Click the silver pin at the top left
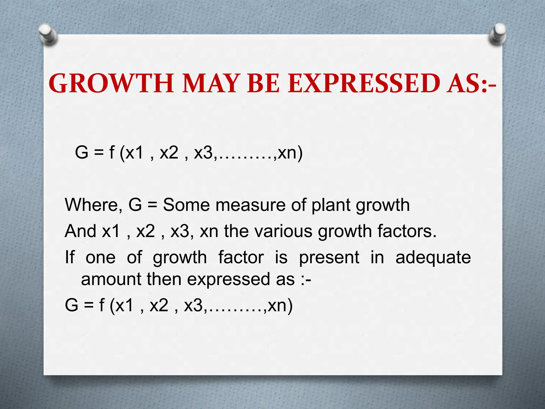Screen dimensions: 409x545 click(x=48, y=34)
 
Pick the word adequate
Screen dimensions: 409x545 click(x=433, y=258)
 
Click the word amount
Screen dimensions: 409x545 click(x=111, y=279)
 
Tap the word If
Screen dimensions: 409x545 click(x=70, y=257)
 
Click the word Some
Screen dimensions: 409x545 click(x=186, y=205)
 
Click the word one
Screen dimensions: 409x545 click(x=101, y=258)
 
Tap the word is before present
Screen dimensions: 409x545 click(x=281, y=258)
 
